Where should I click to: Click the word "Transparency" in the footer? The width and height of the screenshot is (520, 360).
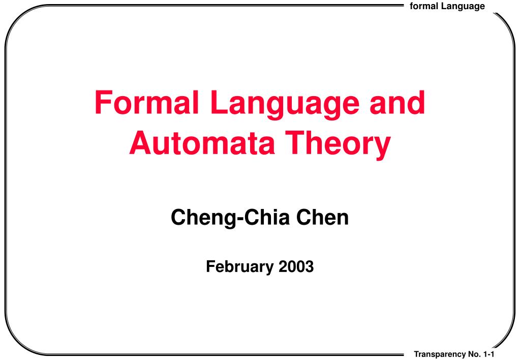[x=440, y=355]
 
